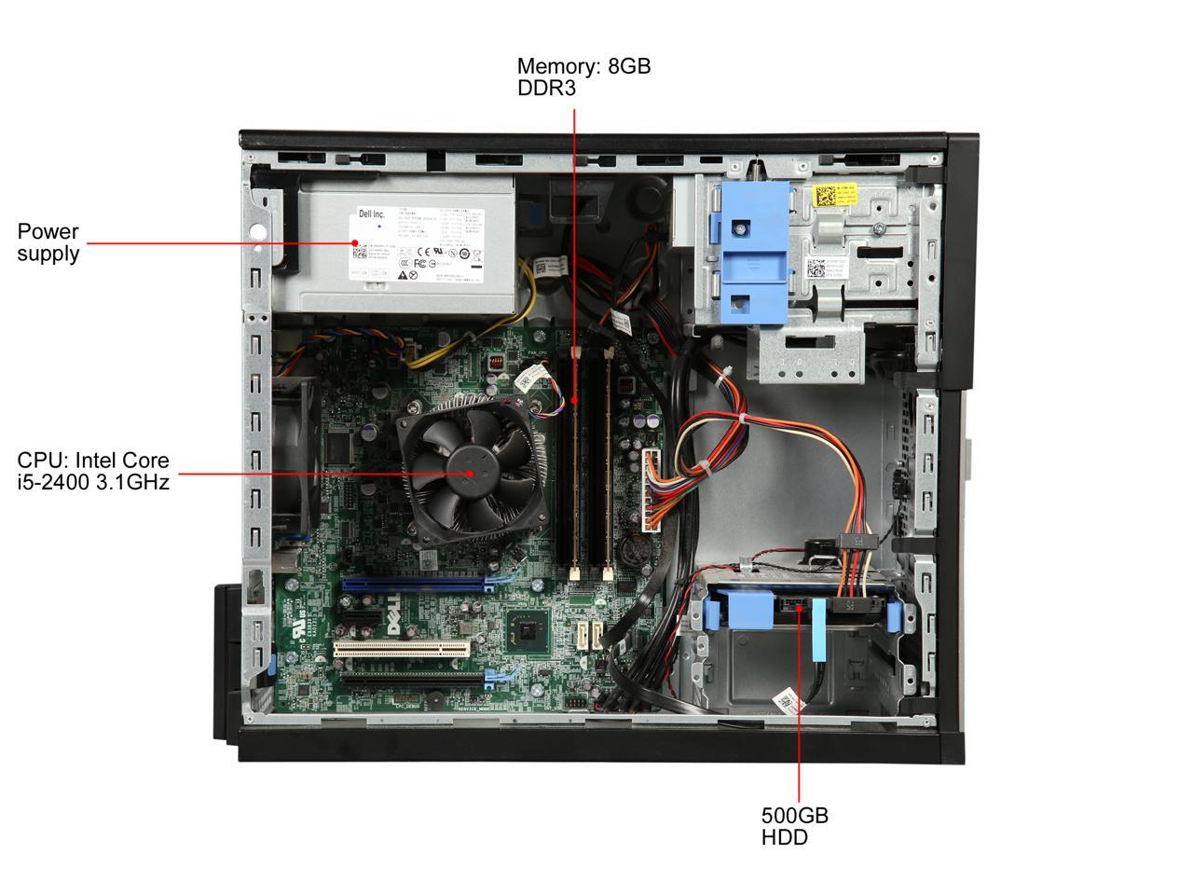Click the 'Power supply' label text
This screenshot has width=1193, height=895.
point(48,242)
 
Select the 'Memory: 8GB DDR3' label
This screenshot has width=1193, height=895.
point(583,77)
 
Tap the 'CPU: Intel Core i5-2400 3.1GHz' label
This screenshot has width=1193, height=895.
point(93,471)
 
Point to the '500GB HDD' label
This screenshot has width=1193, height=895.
point(794,826)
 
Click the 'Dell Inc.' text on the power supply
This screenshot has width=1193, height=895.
point(366,214)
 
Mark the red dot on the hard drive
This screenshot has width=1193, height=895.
point(799,612)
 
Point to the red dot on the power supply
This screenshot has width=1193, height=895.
point(355,243)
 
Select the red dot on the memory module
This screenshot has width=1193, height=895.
point(574,401)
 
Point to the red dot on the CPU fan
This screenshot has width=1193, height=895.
point(471,473)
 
